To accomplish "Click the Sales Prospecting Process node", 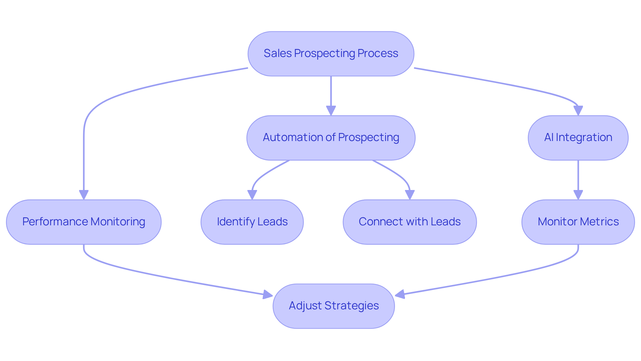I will pyautogui.click(x=331, y=54).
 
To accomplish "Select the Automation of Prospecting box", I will pyautogui.click(x=331, y=138).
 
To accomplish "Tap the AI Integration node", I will pyautogui.click(x=578, y=138).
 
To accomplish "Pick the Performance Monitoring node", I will pyautogui.click(x=83, y=222).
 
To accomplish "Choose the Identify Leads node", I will pyautogui.click(x=252, y=222).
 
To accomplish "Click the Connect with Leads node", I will pyautogui.click(x=410, y=222).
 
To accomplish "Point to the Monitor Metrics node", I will pyautogui.click(x=578, y=222).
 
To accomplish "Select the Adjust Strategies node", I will pyautogui.click(x=334, y=306).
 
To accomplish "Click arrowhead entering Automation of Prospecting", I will pyautogui.click(x=331, y=111).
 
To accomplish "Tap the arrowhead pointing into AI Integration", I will pyautogui.click(x=578, y=111).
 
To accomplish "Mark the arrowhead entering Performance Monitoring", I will pyautogui.click(x=84, y=195).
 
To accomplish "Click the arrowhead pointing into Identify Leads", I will pyautogui.click(x=252, y=195).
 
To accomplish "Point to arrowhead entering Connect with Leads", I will pyautogui.click(x=410, y=195).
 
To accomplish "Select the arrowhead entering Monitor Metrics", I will pyautogui.click(x=578, y=195).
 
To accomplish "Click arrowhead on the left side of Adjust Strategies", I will pyautogui.click(x=268, y=294).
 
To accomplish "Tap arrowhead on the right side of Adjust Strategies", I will pyautogui.click(x=400, y=294).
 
